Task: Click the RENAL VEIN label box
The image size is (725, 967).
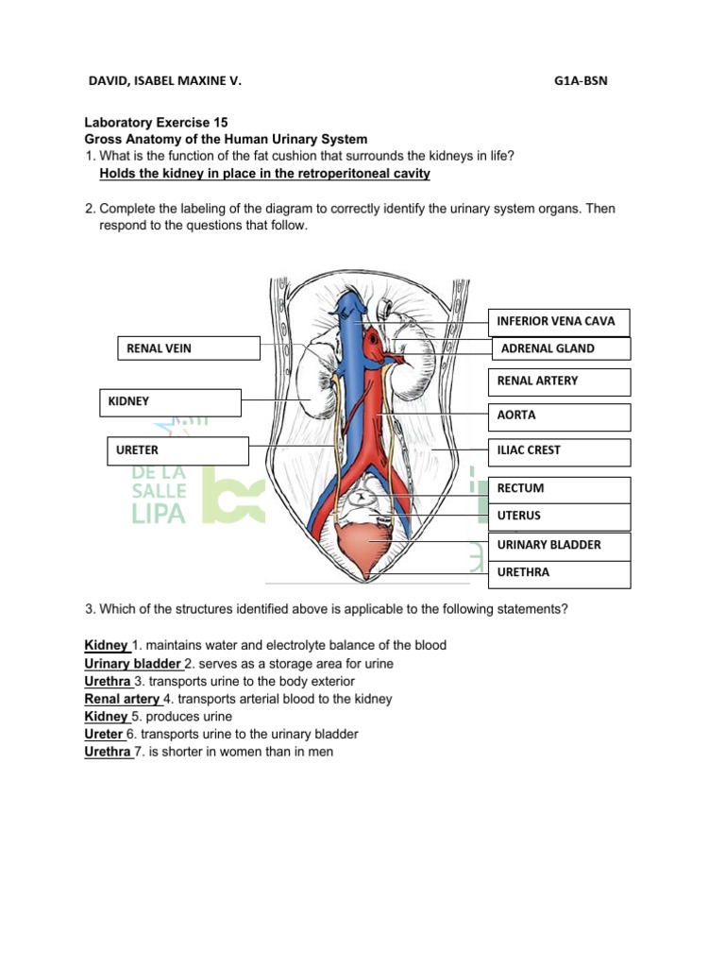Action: coord(188,348)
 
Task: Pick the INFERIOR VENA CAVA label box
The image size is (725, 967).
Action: coord(559,321)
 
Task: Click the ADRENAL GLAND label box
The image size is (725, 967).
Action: coord(560,348)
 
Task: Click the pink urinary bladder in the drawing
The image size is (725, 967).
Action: coord(370,547)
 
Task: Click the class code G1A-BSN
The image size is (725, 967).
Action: coord(582,81)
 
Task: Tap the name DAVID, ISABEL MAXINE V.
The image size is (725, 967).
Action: coord(164,81)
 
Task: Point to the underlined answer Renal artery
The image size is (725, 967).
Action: coord(122,699)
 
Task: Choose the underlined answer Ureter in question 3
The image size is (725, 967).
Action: coord(104,734)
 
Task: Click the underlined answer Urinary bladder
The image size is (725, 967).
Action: coord(132,664)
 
